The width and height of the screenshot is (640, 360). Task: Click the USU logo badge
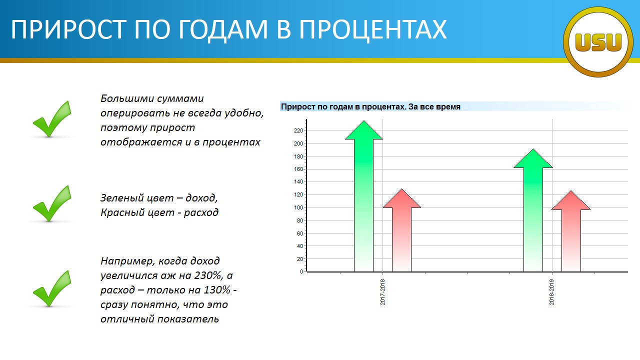click(598, 42)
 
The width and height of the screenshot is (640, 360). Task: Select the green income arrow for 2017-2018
click(363, 196)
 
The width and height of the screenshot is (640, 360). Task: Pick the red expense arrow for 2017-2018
click(401, 230)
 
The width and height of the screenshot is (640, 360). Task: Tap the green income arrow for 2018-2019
click(533, 210)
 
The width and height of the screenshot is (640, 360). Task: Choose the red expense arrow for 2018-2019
click(571, 231)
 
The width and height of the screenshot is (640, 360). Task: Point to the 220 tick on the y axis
click(298, 130)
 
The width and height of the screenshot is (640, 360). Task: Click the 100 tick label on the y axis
click(298, 207)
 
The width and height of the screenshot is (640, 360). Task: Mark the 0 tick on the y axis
click(301, 271)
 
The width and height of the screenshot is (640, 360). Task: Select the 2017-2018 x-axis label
click(382, 292)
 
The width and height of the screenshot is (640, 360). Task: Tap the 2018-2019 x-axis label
click(551, 292)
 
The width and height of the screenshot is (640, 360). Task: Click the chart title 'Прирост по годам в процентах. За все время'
click(370, 107)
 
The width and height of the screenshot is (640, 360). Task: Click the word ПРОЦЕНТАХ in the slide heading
click(373, 29)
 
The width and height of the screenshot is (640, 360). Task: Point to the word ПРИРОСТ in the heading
click(68, 29)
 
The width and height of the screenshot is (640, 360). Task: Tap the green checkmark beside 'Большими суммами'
click(52, 119)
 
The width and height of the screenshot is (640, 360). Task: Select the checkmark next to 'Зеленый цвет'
click(52, 203)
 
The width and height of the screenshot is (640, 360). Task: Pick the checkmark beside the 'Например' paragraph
click(52, 288)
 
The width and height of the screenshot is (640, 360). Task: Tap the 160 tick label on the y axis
click(298, 169)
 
